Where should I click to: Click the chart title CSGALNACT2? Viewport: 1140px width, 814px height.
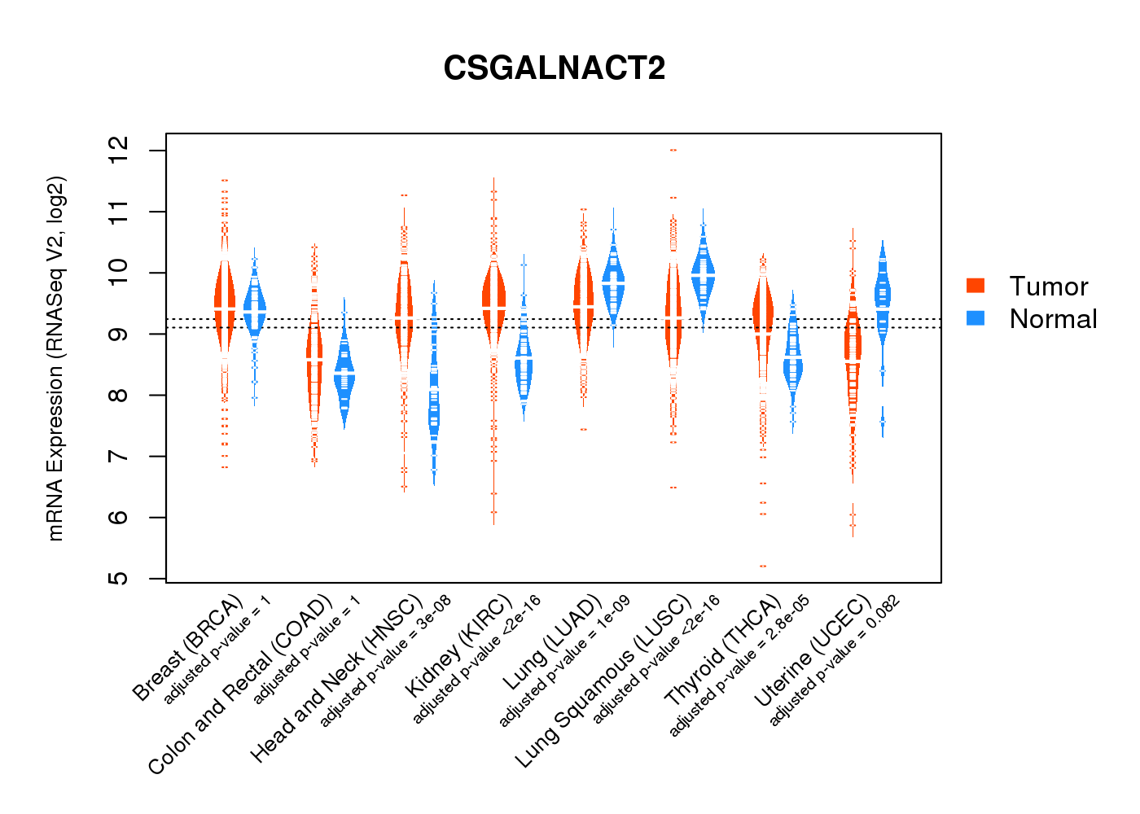point(554,68)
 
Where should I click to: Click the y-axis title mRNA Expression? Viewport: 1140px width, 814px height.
point(55,358)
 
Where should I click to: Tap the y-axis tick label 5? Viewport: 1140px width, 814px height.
point(119,579)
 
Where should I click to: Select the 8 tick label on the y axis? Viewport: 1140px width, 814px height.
point(119,396)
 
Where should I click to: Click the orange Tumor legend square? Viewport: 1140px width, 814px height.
point(976,286)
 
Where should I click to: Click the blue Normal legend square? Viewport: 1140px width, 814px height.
point(976,318)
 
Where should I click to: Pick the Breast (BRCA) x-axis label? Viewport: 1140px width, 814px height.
point(188,648)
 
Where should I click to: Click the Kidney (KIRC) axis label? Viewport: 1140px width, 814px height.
point(459,646)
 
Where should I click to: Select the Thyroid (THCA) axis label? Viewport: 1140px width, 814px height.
point(723,651)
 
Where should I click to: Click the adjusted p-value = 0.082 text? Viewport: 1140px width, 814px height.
point(835,661)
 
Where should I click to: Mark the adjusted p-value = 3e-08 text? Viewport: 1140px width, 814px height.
point(385,661)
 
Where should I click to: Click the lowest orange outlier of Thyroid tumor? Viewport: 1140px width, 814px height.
point(763,566)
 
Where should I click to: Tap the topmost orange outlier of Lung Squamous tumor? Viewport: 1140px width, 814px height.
point(673,151)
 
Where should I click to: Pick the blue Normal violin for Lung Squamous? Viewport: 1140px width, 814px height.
point(703,273)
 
